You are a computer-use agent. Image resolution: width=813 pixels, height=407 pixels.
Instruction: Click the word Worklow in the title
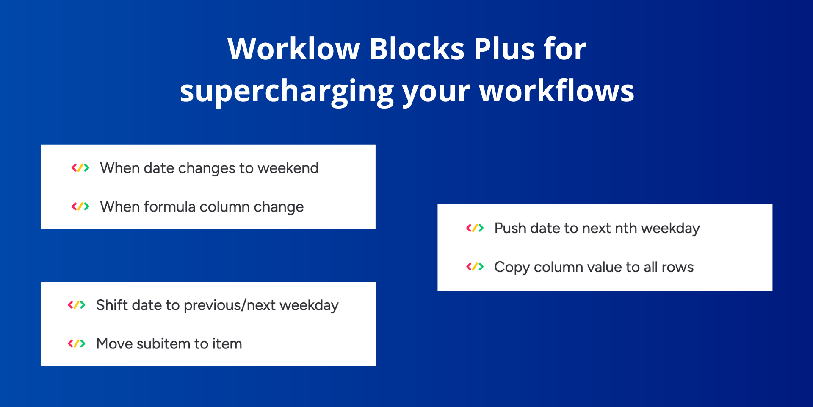tap(293, 49)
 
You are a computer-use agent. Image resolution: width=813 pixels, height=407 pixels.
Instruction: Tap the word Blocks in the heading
tap(417, 49)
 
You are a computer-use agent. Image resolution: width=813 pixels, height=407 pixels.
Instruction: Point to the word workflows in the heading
tap(557, 91)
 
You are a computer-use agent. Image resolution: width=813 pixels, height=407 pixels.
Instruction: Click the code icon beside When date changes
tap(80, 168)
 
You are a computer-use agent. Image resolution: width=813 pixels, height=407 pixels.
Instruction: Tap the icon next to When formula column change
tap(80, 206)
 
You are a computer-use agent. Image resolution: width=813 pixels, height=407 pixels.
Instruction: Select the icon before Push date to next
tap(475, 228)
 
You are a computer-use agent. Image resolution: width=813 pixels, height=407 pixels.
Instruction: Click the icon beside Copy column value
tap(475, 267)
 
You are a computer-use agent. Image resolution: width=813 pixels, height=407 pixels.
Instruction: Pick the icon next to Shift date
tap(77, 305)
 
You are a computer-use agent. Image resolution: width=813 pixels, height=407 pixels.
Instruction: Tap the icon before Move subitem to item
tap(77, 343)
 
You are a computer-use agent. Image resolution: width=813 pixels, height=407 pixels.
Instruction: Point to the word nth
tap(626, 228)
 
